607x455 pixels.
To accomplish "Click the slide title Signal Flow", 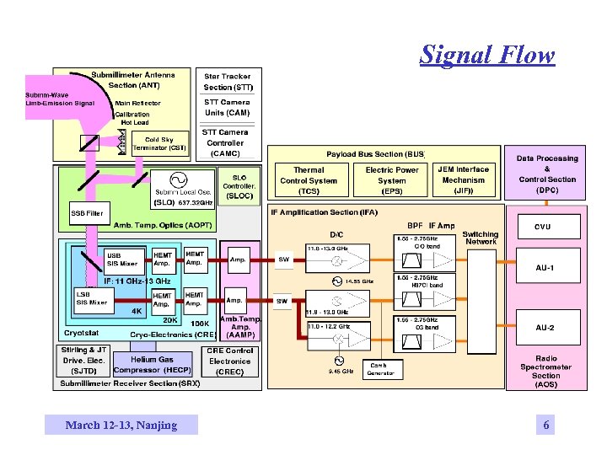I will [x=487, y=56].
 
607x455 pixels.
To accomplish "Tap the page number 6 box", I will [x=546, y=425].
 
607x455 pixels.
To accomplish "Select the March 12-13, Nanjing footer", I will [x=121, y=425].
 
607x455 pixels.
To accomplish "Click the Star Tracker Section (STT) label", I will [x=228, y=82].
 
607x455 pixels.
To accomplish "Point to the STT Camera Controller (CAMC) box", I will [x=225, y=142].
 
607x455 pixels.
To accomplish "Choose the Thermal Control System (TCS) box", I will [x=309, y=180].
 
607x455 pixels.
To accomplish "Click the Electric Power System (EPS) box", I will [x=391, y=180].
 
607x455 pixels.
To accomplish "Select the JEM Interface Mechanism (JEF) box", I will [x=463, y=180].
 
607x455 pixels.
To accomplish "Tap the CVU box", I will [x=544, y=227].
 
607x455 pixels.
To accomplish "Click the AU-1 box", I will [x=545, y=268].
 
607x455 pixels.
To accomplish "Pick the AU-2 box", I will [x=545, y=327].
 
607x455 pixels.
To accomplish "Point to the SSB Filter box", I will [x=88, y=213].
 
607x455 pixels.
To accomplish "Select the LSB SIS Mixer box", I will [x=93, y=297].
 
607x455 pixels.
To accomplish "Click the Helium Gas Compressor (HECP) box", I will [x=153, y=365].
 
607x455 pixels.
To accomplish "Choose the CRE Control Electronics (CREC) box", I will [x=229, y=361].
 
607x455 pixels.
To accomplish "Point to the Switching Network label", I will [x=480, y=238].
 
